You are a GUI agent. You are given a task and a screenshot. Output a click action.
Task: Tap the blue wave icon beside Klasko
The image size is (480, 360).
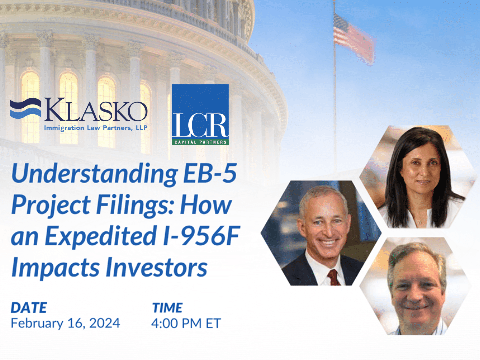(25, 109)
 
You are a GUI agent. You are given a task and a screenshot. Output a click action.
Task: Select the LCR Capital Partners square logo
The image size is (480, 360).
(200, 114)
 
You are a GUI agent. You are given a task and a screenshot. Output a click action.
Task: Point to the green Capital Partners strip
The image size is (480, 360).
(200, 142)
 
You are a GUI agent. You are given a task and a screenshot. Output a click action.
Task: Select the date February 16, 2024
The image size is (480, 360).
(65, 323)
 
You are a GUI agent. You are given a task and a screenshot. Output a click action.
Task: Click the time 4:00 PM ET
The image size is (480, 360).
(186, 323)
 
